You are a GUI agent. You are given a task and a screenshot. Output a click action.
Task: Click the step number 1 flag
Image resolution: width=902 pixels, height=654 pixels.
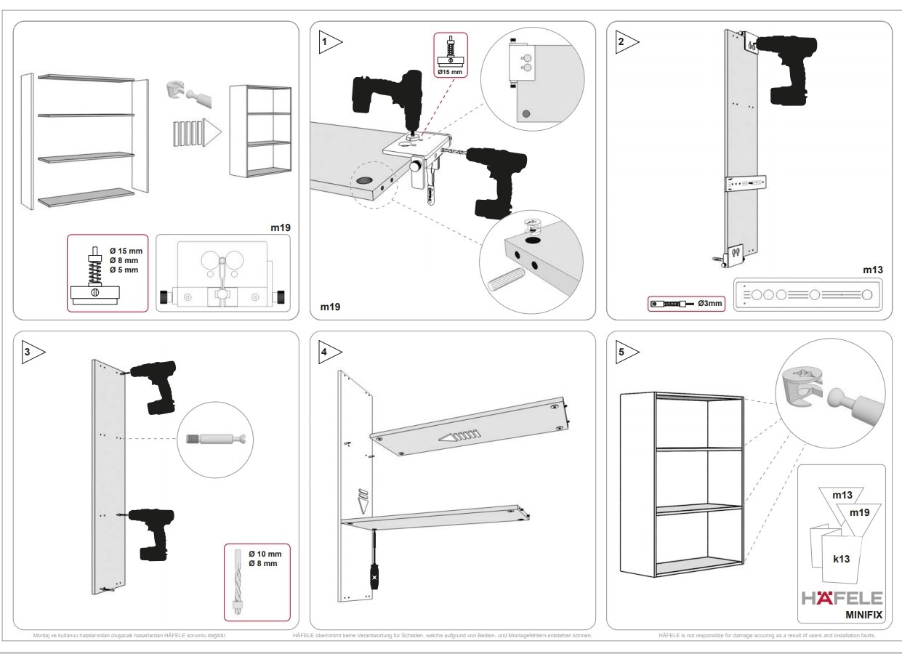[x=331, y=42]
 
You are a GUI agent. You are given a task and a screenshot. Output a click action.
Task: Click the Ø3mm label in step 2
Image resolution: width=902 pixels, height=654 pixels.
[x=709, y=303]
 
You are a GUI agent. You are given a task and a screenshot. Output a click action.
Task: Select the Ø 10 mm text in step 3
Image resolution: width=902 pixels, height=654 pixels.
[x=265, y=554]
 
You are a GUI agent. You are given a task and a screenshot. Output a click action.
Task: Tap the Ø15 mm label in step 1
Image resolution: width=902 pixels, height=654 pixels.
[x=451, y=72]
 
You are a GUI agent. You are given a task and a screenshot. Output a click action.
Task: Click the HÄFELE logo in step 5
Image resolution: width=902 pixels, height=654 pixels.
[x=842, y=598]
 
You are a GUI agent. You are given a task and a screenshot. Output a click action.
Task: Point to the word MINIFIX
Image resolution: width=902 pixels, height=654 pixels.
[x=863, y=615]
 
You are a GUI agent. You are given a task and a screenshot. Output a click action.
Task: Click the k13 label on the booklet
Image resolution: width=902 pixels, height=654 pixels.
[x=841, y=560]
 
